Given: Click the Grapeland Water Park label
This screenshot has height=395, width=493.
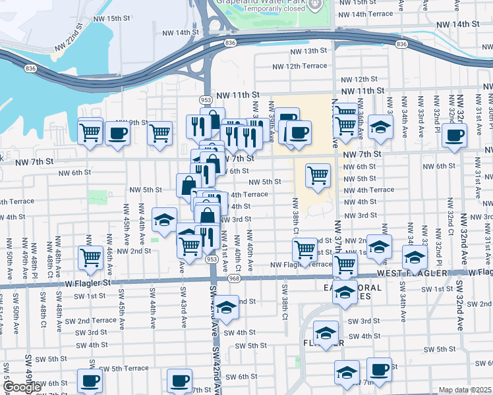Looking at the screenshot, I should [262, 2].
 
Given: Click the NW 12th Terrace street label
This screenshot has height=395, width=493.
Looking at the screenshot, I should [300, 66].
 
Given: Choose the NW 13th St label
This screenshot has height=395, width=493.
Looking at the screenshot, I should [308, 51].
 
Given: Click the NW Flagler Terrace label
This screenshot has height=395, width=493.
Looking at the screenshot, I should [301, 264].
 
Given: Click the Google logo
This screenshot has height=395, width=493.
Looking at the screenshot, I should [22, 387].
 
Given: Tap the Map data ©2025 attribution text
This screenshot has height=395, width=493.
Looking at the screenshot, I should [464, 390].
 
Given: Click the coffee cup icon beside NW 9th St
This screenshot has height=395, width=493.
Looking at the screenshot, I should [117, 133].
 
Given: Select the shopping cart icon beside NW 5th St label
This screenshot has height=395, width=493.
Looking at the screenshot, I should [318, 176].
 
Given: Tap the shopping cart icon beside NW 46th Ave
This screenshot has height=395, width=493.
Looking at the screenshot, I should [90, 257].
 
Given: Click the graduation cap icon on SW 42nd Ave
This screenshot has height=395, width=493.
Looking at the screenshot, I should [225, 307].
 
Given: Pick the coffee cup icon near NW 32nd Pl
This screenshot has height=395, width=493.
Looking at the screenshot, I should [453, 136].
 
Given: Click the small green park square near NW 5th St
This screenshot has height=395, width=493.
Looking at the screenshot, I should [98, 197].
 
